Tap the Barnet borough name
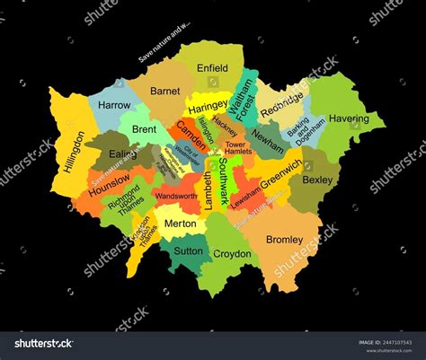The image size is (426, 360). (164, 91)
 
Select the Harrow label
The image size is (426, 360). (114, 106)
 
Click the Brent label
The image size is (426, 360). (144, 129)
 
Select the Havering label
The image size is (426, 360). (348, 119)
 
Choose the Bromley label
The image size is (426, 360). (286, 240)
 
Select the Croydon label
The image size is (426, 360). (232, 254)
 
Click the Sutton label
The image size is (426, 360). (188, 251)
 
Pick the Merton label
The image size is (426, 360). (182, 222)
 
